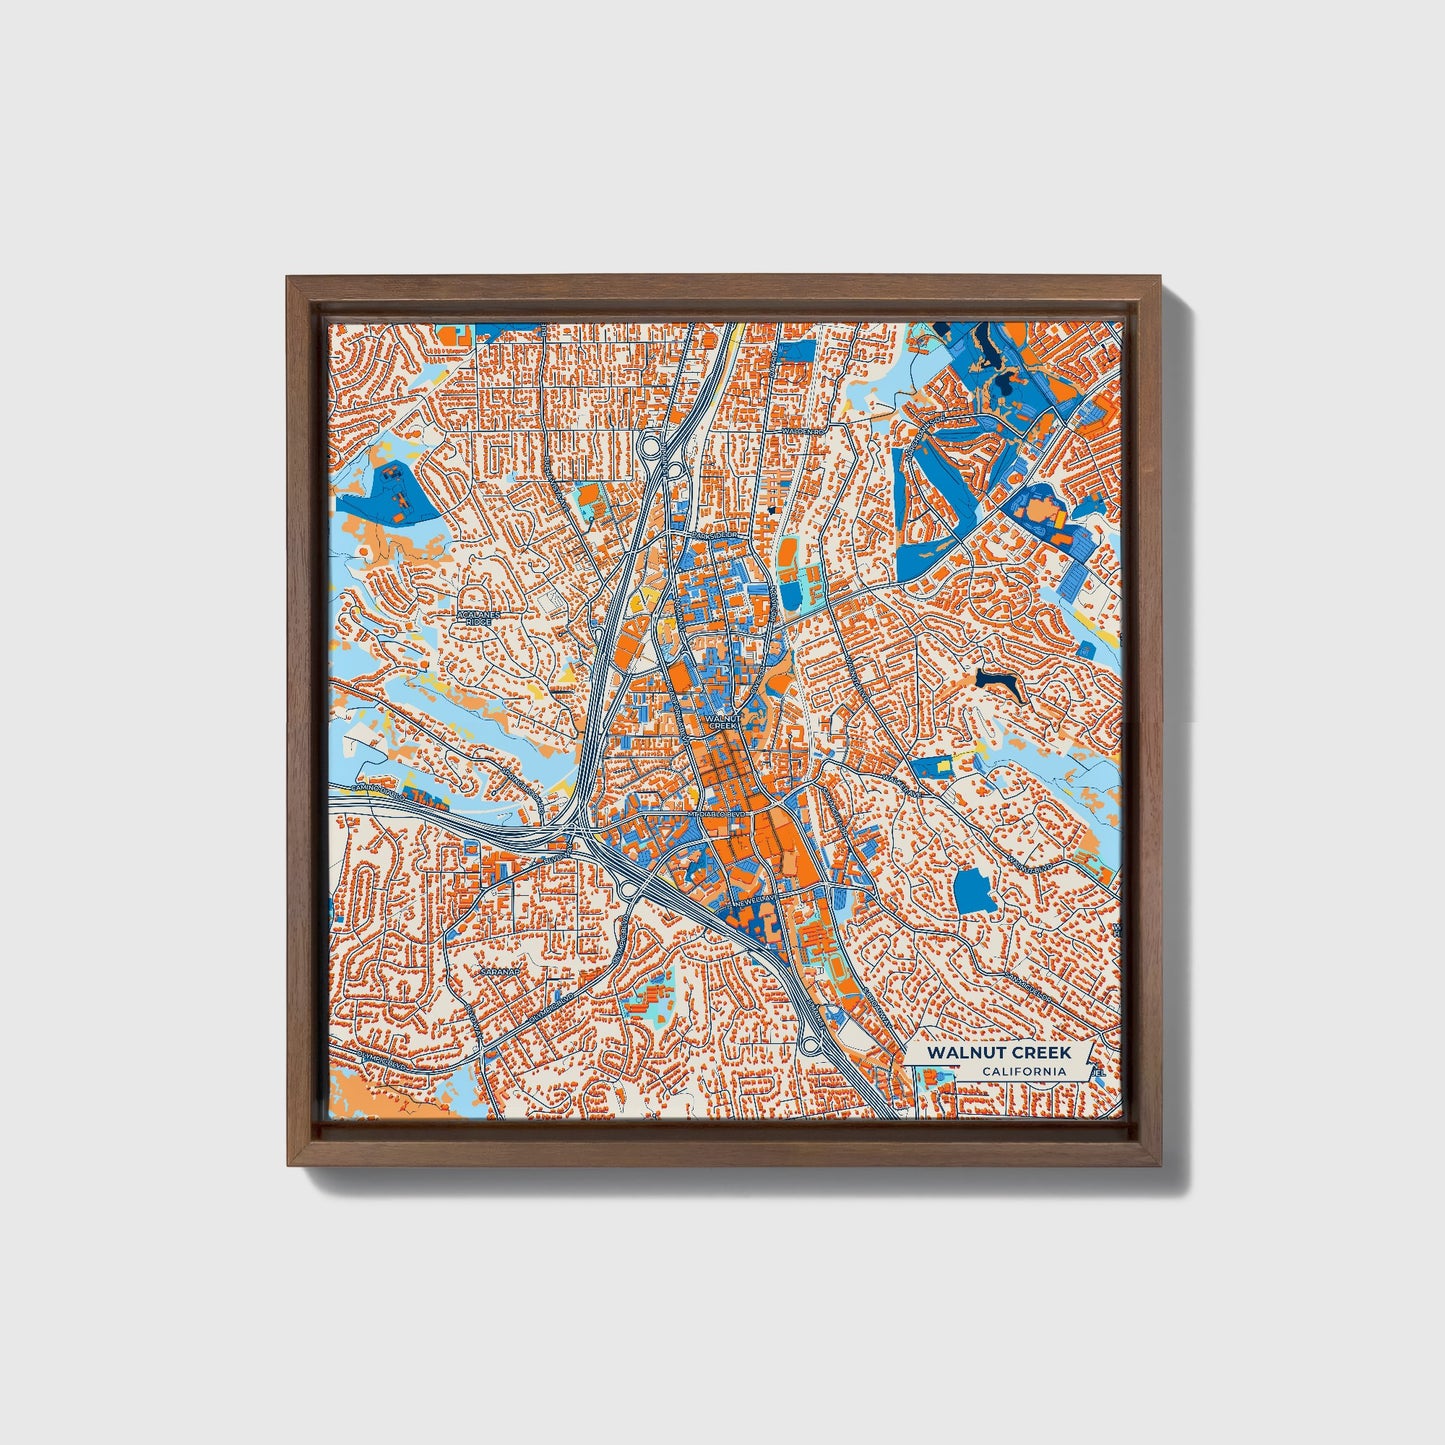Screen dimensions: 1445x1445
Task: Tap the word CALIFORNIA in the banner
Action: [x=1022, y=1072]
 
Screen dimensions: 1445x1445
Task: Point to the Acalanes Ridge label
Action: [x=477, y=618]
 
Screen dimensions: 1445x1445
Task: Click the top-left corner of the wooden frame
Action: [x=287, y=277]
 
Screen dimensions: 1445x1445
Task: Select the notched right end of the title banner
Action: [x=1093, y=1062]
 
